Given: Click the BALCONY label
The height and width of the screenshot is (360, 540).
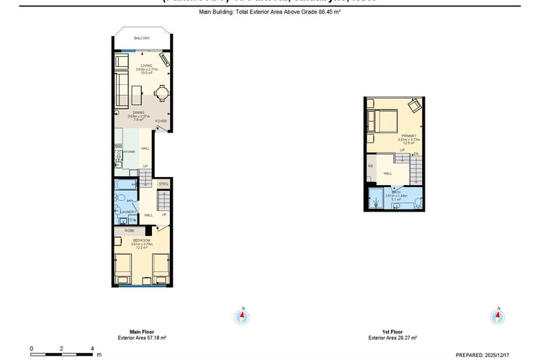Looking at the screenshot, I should click(x=142, y=38).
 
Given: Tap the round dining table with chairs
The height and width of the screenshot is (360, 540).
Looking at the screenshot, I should click(x=161, y=94).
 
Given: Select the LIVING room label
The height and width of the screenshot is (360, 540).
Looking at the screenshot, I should click(x=146, y=66).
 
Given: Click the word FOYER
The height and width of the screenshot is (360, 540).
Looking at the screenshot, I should click(x=161, y=121).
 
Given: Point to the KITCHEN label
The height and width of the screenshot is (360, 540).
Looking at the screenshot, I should click(x=129, y=152).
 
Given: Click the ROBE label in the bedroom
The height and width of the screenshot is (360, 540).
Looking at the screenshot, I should click(x=129, y=231).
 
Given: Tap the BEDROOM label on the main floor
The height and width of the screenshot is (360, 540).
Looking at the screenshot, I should click(x=140, y=240).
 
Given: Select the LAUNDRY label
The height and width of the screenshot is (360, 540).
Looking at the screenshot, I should click(x=128, y=212).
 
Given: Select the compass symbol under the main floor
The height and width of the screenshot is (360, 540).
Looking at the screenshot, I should click(x=243, y=315).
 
